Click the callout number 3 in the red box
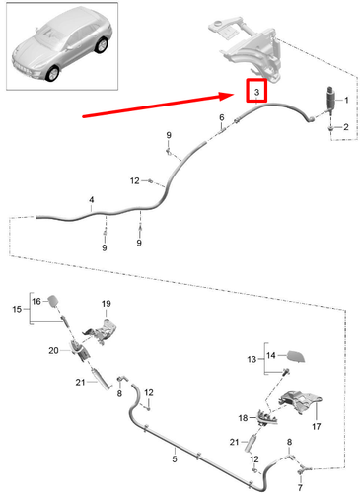[x=256, y=92]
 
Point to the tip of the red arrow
[x=234, y=95]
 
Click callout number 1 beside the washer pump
[x=346, y=100]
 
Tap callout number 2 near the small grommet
[x=346, y=127]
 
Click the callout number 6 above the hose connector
[x=222, y=117]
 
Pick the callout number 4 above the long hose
[x=92, y=199]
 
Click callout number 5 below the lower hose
[x=175, y=458]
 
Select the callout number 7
[x=300, y=486]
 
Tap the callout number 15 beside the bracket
[x=17, y=309]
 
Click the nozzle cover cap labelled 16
[x=53, y=301]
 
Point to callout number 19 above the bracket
[x=106, y=304]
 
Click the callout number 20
[x=53, y=351]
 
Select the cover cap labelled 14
[x=296, y=356]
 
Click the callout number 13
[x=252, y=359]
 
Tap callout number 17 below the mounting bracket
[x=317, y=426]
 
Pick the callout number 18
[x=243, y=418]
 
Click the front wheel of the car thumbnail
[x=52, y=73]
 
